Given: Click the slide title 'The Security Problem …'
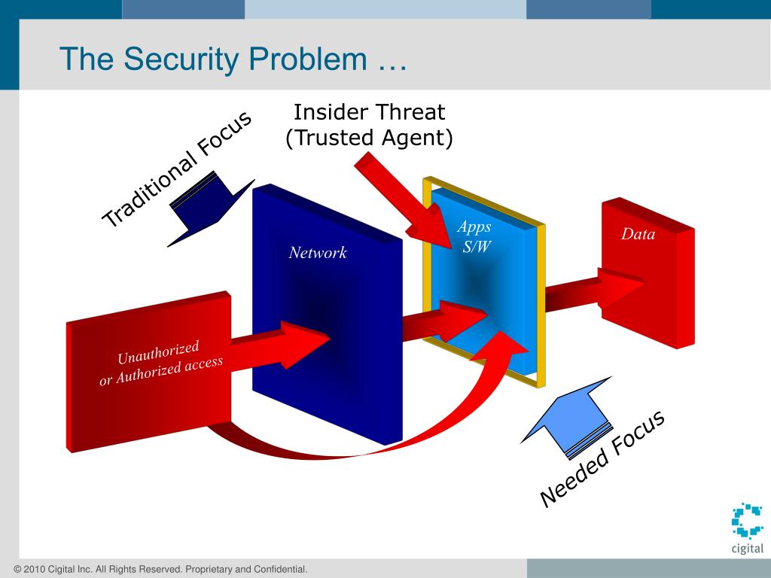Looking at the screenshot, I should pos(233,60).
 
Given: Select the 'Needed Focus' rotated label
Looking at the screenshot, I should pos(603,459).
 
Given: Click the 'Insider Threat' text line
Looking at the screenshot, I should pos(369,113).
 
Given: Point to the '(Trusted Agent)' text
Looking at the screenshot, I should pos(369,138).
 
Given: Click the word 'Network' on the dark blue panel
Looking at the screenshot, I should pos(318,253).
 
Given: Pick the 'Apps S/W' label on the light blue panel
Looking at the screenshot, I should pos(475,236).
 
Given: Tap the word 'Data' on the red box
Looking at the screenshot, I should pos(638,234).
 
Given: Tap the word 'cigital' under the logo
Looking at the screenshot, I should pos(747,549).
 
